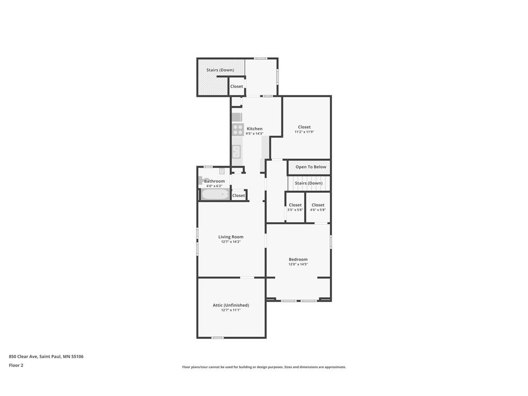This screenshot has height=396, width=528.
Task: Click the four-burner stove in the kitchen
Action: [238, 130]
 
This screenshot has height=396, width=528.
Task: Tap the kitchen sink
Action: [237, 152]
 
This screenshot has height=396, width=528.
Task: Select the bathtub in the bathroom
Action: [215, 195]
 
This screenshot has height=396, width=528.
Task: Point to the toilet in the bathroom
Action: [201, 180]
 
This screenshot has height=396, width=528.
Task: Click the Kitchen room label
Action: [254, 129]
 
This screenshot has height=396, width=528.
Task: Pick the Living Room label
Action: [230, 237]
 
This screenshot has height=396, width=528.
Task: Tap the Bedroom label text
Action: [298, 259]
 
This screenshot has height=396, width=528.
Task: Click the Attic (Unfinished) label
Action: [230, 305]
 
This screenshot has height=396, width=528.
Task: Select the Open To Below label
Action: [310, 167]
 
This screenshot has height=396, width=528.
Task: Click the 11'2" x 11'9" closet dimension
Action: [304, 132]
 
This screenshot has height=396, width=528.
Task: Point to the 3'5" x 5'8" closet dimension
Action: [295, 210]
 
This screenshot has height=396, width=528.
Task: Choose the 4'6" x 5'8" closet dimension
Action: [318, 210]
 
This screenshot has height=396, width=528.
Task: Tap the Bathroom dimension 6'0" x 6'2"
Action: [214, 186]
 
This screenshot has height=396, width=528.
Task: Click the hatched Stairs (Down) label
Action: [220, 70]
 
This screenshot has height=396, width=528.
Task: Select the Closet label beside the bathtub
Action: [239, 195]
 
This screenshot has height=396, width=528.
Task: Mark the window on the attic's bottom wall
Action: [218, 338]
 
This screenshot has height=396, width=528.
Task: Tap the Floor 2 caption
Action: [16, 365]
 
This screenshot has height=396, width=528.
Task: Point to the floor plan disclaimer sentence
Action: [264, 367]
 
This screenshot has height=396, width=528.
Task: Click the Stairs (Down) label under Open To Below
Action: [308, 183]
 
